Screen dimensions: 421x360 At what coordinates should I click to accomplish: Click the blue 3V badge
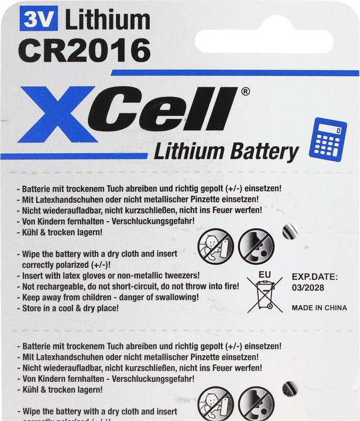[x=39, y=22]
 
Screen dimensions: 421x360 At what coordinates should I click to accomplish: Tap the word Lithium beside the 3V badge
[x=107, y=21]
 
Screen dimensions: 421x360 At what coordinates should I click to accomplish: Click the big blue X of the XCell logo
[x=59, y=114]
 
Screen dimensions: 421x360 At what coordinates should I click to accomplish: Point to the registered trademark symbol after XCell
[x=245, y=91]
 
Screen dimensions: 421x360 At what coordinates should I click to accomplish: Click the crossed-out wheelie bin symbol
[x=265, y=295]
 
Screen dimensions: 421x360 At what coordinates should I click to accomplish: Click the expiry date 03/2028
[x=307, y=288]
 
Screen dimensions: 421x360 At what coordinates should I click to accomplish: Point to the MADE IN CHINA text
[x=318, y=308]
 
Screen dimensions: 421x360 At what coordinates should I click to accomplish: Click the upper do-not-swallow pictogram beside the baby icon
[x=256, y=246]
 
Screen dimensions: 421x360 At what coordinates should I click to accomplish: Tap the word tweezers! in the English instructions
[x=180, y=275]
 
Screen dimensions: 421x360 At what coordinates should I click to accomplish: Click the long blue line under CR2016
[x=235, y=73]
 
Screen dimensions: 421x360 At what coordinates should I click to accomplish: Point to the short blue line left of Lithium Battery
[x=74, y=157]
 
